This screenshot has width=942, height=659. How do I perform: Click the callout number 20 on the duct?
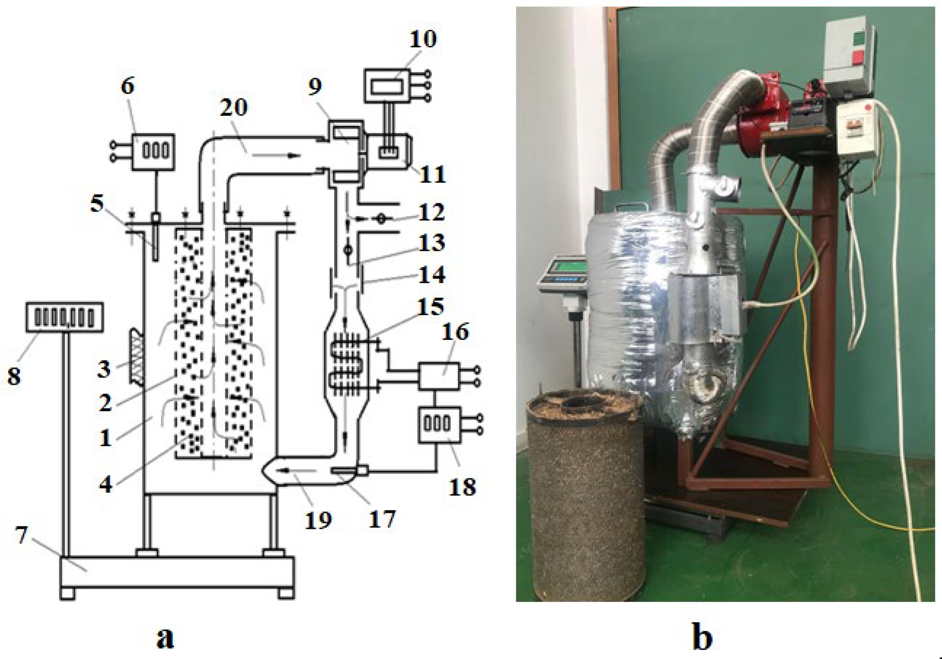point(234,107)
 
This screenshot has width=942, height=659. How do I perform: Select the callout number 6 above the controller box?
point(128,86)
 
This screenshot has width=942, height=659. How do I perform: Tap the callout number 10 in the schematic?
point(423,39)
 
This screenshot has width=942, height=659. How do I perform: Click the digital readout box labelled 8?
point(64,317)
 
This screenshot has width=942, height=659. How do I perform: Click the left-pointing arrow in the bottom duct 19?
point(295,470)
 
